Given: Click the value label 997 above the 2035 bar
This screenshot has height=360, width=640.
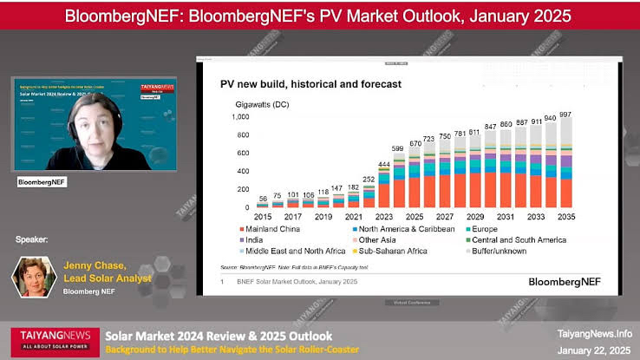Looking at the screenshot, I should point(566,114).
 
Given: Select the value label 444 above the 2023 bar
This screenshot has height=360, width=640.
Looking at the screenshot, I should point(382,164).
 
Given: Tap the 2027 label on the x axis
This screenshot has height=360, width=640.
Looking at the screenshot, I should point(444,215).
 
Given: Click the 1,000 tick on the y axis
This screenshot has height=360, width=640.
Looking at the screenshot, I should point(240,116).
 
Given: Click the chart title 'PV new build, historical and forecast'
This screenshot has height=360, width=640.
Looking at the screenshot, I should point(310,84).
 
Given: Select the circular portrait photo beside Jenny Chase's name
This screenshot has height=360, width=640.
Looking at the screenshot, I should point(34,277).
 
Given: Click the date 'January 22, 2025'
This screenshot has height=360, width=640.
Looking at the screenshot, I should point(594,350).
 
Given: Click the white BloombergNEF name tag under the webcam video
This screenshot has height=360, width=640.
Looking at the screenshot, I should point(42,183).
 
